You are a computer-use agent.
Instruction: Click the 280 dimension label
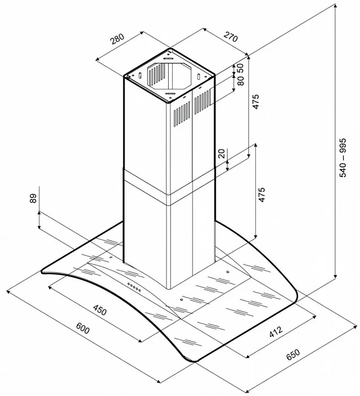pyautogui.click(x=117, y=40)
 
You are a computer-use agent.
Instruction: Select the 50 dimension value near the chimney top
pyautogui.click(x=240, y=67)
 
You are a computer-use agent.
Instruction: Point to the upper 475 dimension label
pyautogui.click(x=255, y=102)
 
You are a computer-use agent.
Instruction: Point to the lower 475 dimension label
pyautogui.click(x=262, y=193)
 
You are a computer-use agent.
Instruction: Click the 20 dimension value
pyautogui.click(x=222, y=153)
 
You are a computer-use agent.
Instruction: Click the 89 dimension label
pyautogui.click(x=33, y=199)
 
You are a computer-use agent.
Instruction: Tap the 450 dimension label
pyautogui.click(x=100, y=310)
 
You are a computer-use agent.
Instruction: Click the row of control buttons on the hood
pyautogui.click(x=134, y=286)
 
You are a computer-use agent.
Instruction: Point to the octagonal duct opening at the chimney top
pyautogui.click(x=169, y=76)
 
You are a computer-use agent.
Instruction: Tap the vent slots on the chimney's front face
pyautogui.click(x=181, y=113)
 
